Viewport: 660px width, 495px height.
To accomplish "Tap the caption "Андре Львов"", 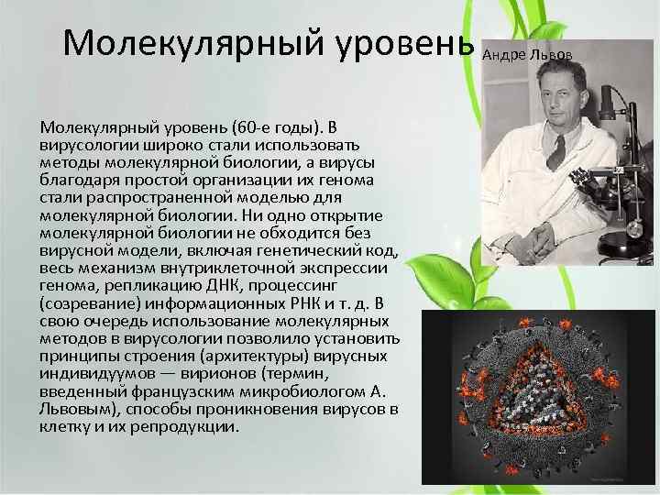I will [x=528, y=55].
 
